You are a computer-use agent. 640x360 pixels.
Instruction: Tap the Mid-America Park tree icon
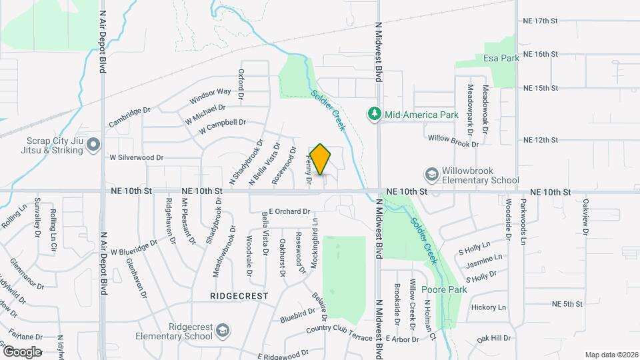coord(375,115)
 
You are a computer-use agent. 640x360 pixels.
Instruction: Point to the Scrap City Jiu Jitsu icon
coord(93,144)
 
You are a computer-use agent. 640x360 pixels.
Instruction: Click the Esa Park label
coord(501,58)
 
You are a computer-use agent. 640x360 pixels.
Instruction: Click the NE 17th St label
coord(539,20)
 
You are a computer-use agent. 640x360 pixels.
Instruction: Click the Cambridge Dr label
coord(131,117)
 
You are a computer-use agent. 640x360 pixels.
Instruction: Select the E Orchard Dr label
coord(290,211)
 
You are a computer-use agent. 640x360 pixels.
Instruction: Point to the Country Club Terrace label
coord(339,330)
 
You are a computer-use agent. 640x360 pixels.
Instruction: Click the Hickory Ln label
coord(489,307)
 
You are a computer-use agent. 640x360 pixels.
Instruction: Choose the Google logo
coord(22,351)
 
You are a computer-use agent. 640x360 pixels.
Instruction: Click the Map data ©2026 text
coord(611,354)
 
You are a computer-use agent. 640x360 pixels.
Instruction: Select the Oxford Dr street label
coord(241,80)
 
